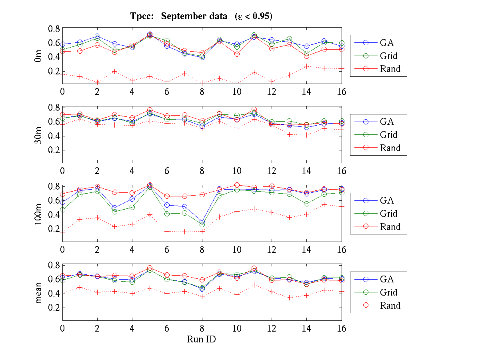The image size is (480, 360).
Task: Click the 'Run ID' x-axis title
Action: pos(202,339)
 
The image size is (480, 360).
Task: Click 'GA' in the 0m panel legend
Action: pos(387,43)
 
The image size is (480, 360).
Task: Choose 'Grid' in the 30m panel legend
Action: pos(388,135)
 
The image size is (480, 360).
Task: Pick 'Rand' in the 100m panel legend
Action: pos(390,227)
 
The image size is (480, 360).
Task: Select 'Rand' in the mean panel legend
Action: pos(390,306)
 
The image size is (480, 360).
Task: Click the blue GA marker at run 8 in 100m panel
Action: pos(202,222)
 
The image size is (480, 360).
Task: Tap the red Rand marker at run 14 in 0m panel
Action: pos(306,56)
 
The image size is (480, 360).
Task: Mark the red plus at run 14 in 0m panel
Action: pos(306,66)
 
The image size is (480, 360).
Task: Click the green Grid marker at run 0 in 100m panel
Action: pos(62,210)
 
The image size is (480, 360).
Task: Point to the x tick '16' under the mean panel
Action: pos(341,328)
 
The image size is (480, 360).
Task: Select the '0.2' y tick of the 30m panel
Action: pos(54,150)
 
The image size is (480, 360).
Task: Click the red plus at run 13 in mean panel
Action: pos(289,298)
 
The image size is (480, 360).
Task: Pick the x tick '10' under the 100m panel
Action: pos(237,250)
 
